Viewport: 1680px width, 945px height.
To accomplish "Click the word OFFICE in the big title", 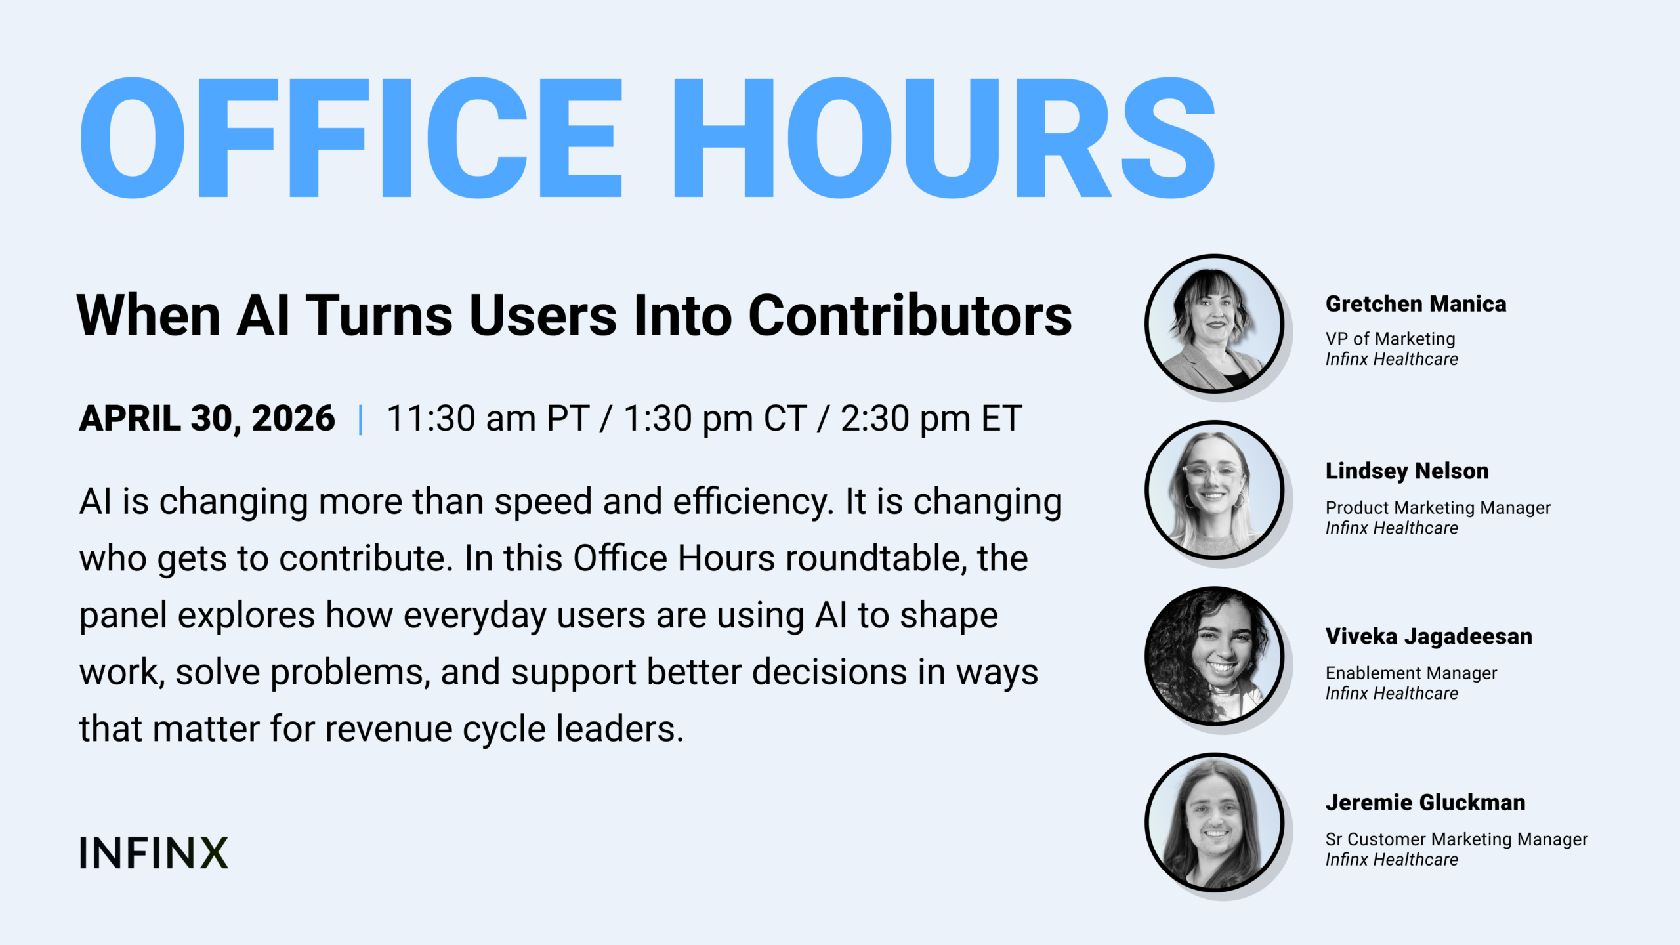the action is point(351,138).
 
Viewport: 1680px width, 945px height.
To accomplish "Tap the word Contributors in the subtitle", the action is point(910,316).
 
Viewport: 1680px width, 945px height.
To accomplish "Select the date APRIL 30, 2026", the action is point(207,418).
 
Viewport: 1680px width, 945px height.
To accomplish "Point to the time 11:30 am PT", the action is point(488,418).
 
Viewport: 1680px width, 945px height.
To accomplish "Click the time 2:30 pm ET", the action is point(931,418).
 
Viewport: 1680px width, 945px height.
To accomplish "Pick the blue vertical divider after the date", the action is point(360,419).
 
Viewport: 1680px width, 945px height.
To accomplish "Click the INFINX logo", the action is point(154,852).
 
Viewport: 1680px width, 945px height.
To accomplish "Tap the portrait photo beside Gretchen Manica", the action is point(1214,324).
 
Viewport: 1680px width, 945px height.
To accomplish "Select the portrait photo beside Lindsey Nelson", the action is point(1214,490).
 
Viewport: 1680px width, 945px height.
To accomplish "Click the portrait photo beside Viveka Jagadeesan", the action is point(1214,656).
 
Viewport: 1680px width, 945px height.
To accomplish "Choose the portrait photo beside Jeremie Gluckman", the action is point(1214,822).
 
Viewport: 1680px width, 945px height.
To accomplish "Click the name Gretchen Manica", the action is point(1416,304).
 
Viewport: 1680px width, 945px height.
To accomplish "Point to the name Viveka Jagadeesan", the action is point(1429,637).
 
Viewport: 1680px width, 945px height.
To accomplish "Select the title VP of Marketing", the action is point(1390,339).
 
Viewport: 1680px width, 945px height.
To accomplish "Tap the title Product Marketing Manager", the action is point(1438,507).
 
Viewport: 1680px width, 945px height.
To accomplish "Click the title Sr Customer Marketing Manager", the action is point(1456,839).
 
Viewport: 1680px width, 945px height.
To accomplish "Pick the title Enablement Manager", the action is point(1411,673).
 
